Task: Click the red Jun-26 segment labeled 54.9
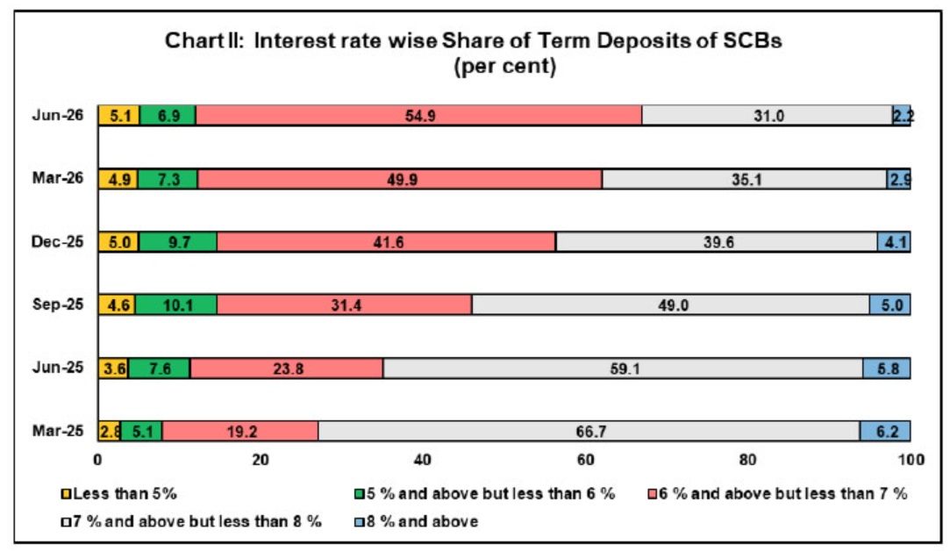click(x=418, y=115)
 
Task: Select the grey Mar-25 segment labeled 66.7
click(x=589, y=431)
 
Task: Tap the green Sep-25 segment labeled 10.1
click(x=175, y=304)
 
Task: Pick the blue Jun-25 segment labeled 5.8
click(x=886, y=368)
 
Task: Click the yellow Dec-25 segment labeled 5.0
click(x=118, y=242)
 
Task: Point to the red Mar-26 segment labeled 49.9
click(x=400, y=179)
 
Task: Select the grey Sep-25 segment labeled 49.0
click(x=671, y=304)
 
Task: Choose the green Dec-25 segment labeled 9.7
click(x=177, y=242)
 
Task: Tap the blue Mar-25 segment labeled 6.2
click(x=885, y=431)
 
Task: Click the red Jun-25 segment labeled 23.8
click(x=287, y=368)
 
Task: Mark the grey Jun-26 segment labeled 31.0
click(x=767, y=115)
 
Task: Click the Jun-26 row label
click(x=58, y=115)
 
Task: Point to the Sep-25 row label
click(x=58, y=304)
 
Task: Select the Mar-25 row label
click(x=58, y=431)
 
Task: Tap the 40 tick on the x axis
click(x=423, y=460)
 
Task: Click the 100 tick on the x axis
click(x=911, y=460)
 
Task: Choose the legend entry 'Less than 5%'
click(x=119, y=494)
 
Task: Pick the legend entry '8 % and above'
click(x=417, y=521)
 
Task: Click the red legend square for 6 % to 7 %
click(x=653, y=495)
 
